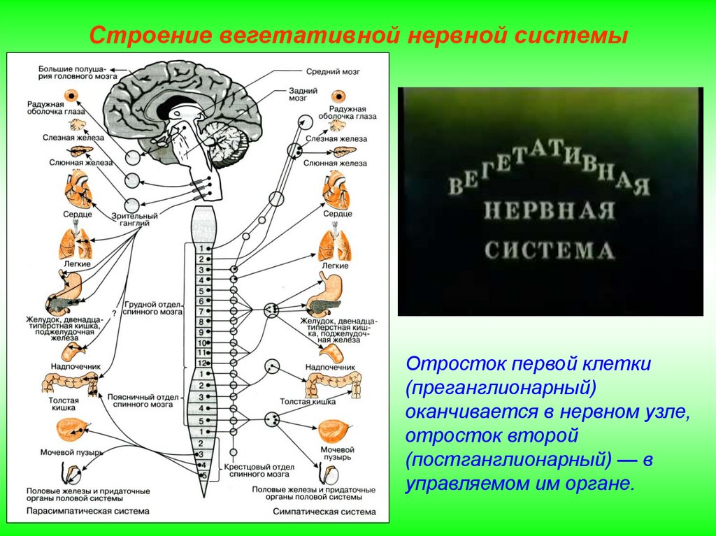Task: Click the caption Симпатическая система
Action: click(x=324, y=512)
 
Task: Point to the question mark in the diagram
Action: click(x=113, y=313)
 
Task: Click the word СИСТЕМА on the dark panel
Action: click(x=550, y=250)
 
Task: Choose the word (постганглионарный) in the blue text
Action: click(x=517, y=460)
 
